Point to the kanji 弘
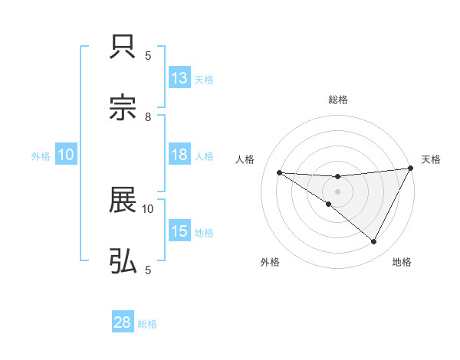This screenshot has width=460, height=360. coord(123,262)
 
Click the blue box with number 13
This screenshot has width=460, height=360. coord(179,78)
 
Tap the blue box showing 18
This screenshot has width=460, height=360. coord(179,155)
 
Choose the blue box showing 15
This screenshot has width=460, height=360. coord(179,231)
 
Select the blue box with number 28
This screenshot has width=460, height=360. coord(123,322)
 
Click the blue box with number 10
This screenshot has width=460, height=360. coord(66,155)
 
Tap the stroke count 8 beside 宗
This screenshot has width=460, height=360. coord(148,117)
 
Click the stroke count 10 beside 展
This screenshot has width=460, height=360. coord(148,208)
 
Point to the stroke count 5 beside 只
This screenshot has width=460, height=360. coord(148,56)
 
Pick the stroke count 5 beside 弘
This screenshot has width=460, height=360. coord(148,270)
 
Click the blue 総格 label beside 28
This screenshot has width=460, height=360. coord(147,324)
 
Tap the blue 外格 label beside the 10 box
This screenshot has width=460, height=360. coord(41,156)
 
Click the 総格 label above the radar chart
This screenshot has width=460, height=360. coord(338,100)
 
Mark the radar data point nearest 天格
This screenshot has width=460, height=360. coord(411,168)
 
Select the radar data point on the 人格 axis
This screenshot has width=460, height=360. coord(279,172)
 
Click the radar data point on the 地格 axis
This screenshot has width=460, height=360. coord(374,241)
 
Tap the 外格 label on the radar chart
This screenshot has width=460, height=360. coord(270,262)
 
